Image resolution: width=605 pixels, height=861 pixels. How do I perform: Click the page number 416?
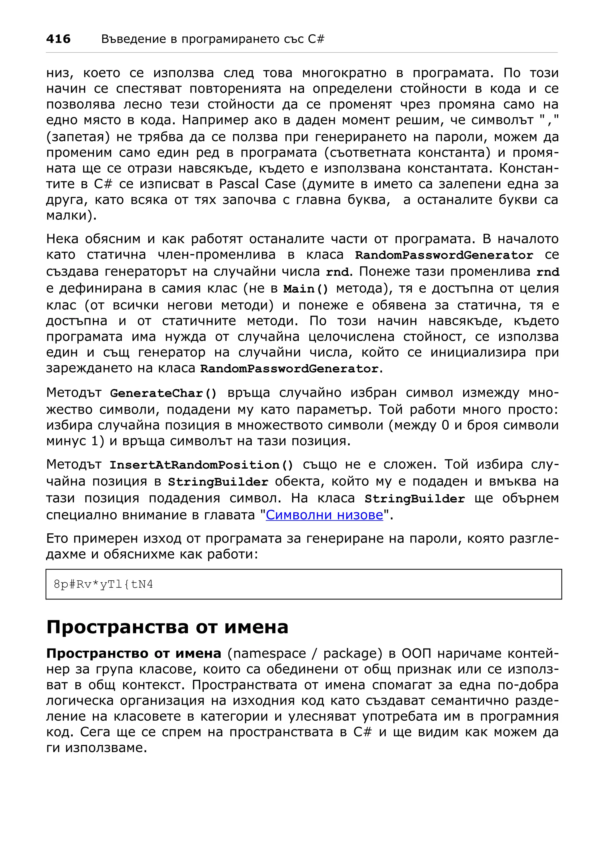(x=58, y=39)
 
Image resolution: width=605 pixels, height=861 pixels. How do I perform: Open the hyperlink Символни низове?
(x=324, y=515)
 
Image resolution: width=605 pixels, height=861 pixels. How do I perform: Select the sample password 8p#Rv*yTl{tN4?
(x=103, y=584)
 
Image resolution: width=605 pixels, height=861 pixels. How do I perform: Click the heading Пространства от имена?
(x=167, y=627)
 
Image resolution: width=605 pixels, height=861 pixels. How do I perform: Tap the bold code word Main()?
(x=305, y=289)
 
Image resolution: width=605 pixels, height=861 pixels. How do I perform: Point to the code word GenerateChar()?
(x=163, y=393)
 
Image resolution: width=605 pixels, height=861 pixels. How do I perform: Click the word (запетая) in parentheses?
(x=78, y=137)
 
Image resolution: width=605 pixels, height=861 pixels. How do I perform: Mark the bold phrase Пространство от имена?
(x=134, y=654)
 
